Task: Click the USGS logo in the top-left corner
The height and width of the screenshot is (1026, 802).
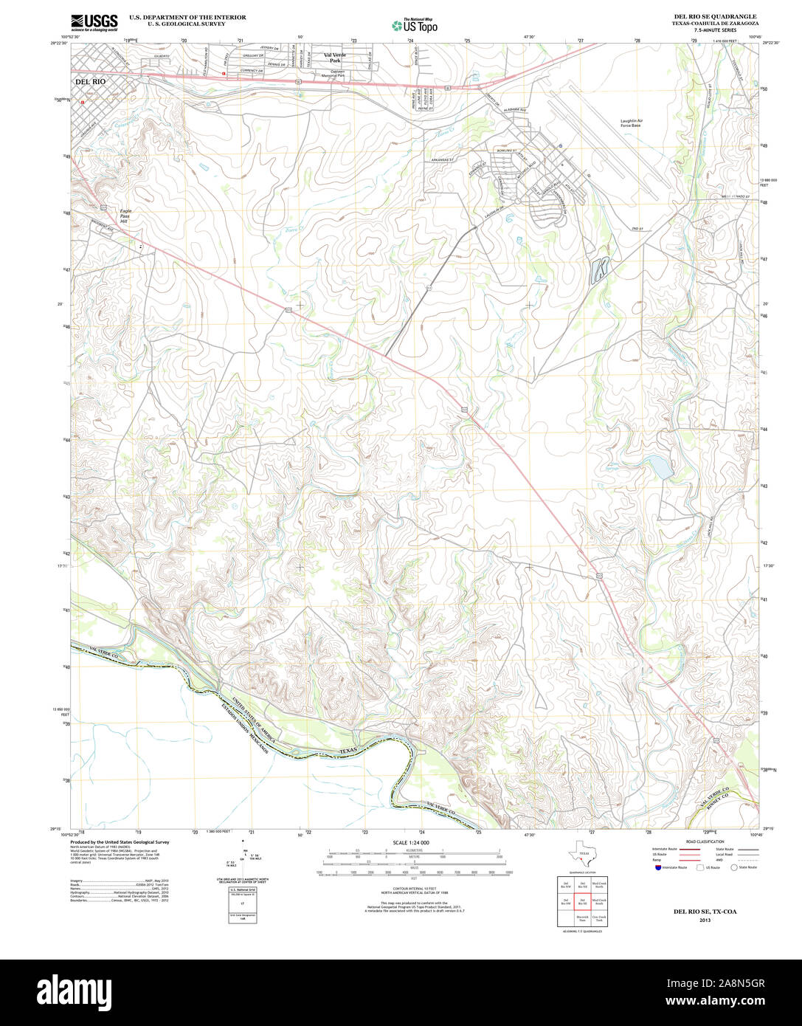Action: [x=94, y=22]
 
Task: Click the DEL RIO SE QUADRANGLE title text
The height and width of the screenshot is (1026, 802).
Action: [x=714, y=16]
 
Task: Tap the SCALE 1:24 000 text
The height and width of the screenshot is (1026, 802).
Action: [x=411, y=842]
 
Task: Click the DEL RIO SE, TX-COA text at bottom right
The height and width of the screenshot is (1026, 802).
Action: [x=705, y=912]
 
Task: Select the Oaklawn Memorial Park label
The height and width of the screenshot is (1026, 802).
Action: [x=331, y=73]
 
